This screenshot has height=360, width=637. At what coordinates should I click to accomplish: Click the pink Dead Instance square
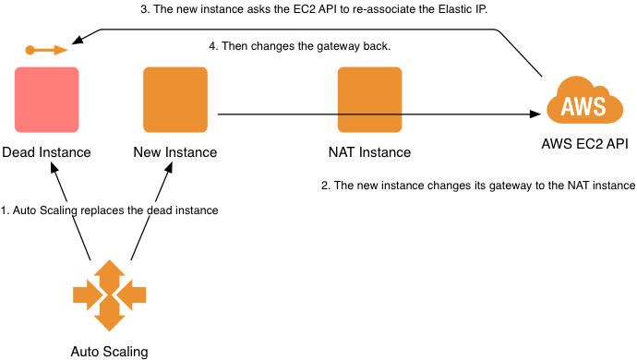[x=46, y=100]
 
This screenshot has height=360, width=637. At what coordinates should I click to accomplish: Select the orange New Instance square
[x=174, y=100]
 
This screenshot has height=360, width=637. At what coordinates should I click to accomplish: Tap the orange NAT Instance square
[x=369, y=100]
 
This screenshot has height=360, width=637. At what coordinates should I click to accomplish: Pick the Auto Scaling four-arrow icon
[x=110, y=295]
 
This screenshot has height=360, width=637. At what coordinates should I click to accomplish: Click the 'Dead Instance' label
[x=46, y=152]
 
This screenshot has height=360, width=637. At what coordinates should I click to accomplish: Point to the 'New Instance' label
[x=175, y=152]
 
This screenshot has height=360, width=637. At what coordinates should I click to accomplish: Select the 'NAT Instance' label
[x=369, y=152]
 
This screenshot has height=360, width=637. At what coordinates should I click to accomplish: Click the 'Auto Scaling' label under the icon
[x=109, y=351]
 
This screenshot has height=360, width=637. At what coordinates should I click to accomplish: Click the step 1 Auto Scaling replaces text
[x=110, y=210]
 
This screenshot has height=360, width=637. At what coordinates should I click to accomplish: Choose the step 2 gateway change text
[x=478, y=186]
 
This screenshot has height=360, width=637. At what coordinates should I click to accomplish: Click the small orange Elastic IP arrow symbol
[x=46, y=49]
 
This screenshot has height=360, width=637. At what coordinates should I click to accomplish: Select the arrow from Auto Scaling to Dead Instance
[x=71, y=212]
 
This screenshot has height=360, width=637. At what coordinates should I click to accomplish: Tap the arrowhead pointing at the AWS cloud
[x=534, y=114]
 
